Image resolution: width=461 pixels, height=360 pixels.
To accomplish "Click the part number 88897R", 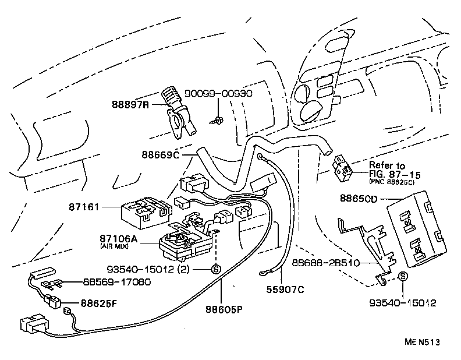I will coord(132,105).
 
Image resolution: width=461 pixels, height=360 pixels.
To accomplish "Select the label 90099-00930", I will coord(219,94).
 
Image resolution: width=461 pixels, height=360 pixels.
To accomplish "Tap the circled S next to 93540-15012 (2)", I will coord(215,269).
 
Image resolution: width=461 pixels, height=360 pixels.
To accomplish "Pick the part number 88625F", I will coord(98,303).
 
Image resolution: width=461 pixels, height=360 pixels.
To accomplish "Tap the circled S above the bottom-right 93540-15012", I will coord(402,277).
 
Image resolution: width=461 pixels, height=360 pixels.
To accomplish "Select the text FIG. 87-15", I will coord(393,174).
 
